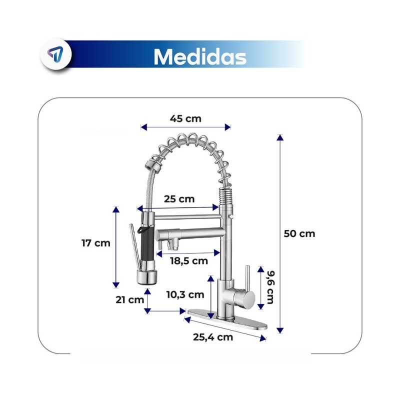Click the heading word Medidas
tap(200, 56)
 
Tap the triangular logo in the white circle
tap(55, 54)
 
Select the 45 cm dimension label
tap(185, 118)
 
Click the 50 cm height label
tap(299, 233)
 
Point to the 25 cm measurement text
tap(179, 199)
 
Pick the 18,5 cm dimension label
tap(189, 261)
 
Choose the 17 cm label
tap(96, 243)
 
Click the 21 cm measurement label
tap(130, 299)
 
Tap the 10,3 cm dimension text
tap(185, 295)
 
